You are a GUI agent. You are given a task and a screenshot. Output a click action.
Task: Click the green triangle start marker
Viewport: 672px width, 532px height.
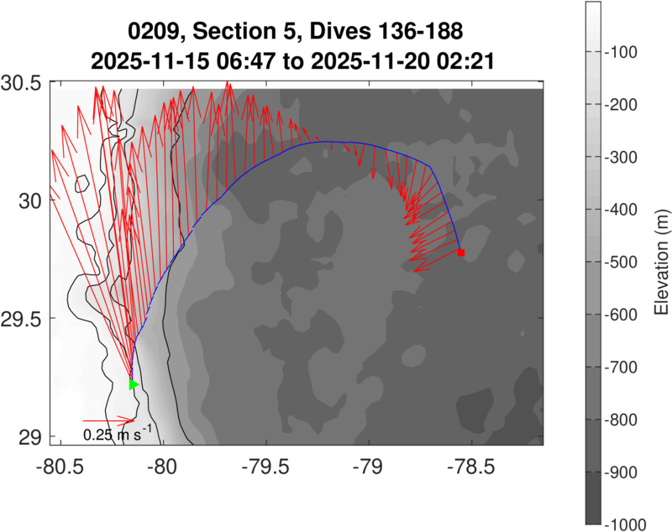[x=133, y=384]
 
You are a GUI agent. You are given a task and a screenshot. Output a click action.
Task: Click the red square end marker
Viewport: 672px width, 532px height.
[x=461, y=252]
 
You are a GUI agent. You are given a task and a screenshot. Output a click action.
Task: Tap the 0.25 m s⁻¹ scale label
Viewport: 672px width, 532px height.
[x=118, y=434]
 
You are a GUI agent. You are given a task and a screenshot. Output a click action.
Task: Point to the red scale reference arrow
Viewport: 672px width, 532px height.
[x=108, y=420]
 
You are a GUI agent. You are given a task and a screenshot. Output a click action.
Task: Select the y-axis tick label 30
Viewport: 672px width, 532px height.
[x=29, y=201]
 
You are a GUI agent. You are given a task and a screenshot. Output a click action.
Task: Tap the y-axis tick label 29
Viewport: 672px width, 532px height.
[x=29, y=437]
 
